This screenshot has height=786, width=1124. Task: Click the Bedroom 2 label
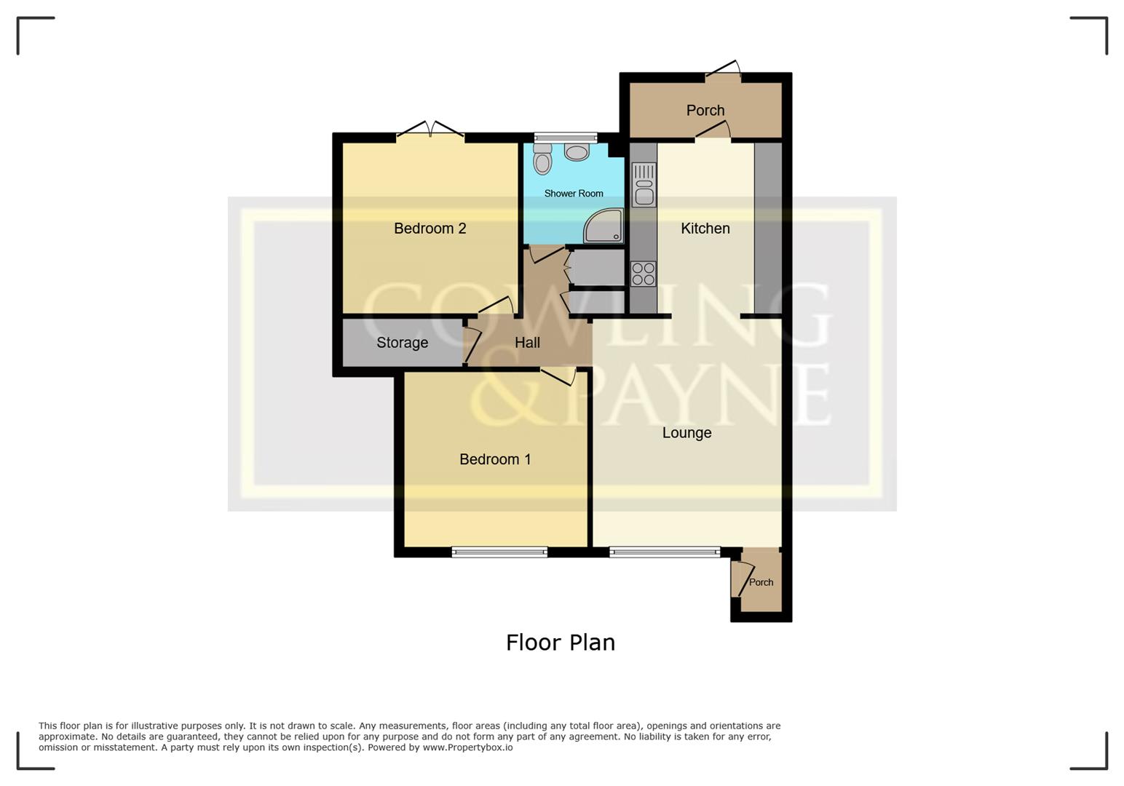tap(430, 229)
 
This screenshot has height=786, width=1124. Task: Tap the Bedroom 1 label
tap(495, 459)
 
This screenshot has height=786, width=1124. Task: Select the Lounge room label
tap(686, 433)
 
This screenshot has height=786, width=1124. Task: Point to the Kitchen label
tap(705, 229)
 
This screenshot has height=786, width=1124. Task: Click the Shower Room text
tap(574, 194)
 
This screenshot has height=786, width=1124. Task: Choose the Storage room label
tap(402, 343)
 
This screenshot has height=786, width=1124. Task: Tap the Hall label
tap(527, 343)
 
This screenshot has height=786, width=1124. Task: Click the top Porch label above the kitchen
tap(705, 111)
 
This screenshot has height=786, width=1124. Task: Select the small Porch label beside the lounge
tap(761, 582)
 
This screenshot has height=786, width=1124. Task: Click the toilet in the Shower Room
tap(542, 159)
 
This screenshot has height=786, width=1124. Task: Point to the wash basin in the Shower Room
tap(577, 152)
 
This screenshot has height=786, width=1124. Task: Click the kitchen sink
tap(644, 185)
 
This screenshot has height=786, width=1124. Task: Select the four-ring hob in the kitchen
tap(644, 274)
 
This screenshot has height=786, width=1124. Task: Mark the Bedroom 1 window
tap(499, 552)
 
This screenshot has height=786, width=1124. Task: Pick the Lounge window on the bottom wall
tap(665, 552)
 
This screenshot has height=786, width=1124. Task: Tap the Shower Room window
tap(566, 137)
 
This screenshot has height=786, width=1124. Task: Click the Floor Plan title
tap(561, 643)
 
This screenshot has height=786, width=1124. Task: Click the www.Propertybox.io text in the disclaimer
tap(467, 747)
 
